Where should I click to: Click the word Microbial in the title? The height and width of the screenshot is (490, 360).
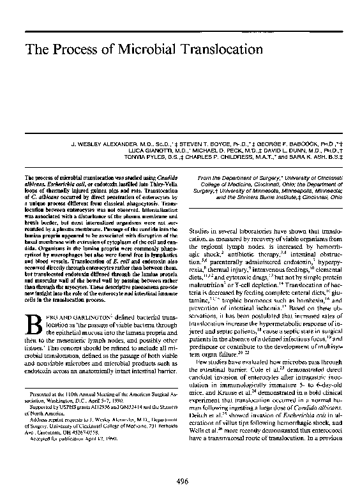click(124, 50)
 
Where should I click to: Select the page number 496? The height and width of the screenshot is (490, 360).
click(180, 463)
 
